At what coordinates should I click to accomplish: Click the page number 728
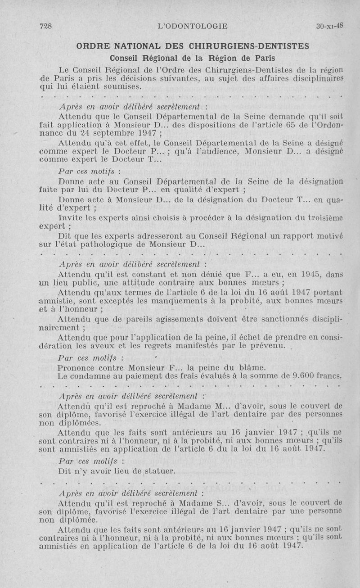[x=46, y=26]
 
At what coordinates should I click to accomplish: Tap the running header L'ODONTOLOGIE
[x=193, y=26]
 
